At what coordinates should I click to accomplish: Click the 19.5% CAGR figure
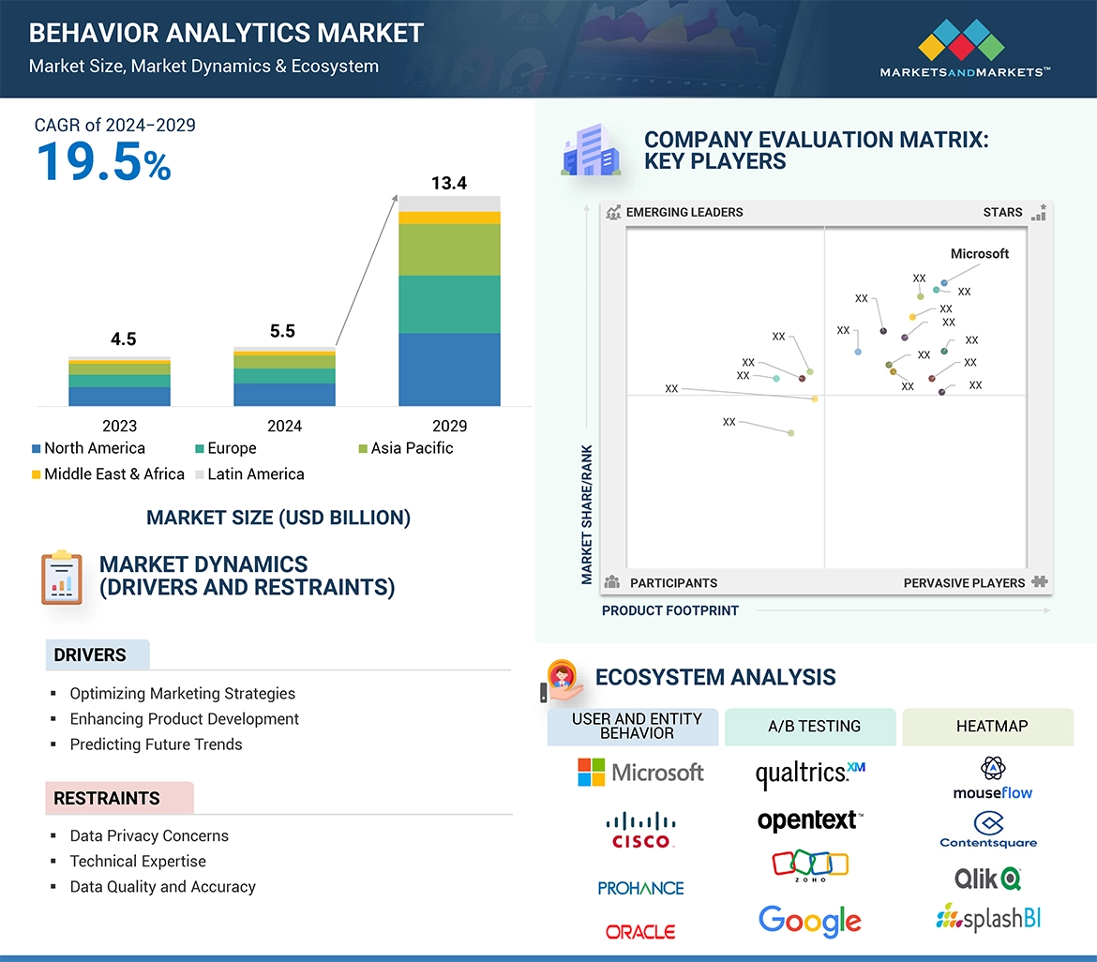click(x=103, y=162)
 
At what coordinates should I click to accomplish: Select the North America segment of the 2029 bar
click(x=449, y=369)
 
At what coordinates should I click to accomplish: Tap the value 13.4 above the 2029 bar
click(x=449, y=183)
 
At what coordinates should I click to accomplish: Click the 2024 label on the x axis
click(x=284, y=426)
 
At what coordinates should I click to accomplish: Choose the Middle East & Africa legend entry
click(x=107, y=473)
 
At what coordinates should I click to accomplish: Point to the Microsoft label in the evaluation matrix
click(x=980, y=254)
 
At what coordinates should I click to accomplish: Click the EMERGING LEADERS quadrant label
click(x=684, y=212)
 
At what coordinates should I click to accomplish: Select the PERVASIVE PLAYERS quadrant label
click(x=964, y=583)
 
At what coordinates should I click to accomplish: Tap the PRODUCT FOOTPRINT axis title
click(x=670, y=610)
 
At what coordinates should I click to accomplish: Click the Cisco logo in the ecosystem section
click(x=641, y=830)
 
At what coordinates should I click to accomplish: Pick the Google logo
click(x=810, y=920)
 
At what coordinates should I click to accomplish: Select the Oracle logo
click(x=640, y=932)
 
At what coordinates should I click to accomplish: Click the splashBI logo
click(x=988, y=917)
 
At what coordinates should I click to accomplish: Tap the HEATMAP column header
click(x=992, y=726)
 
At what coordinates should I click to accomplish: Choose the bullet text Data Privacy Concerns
click(x=149, y=835)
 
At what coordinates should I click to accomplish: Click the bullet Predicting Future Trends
click(x=156, y=744)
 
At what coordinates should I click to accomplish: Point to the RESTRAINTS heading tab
click(x=107, y=799)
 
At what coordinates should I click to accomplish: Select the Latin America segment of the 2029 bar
click(x=449, y=203)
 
